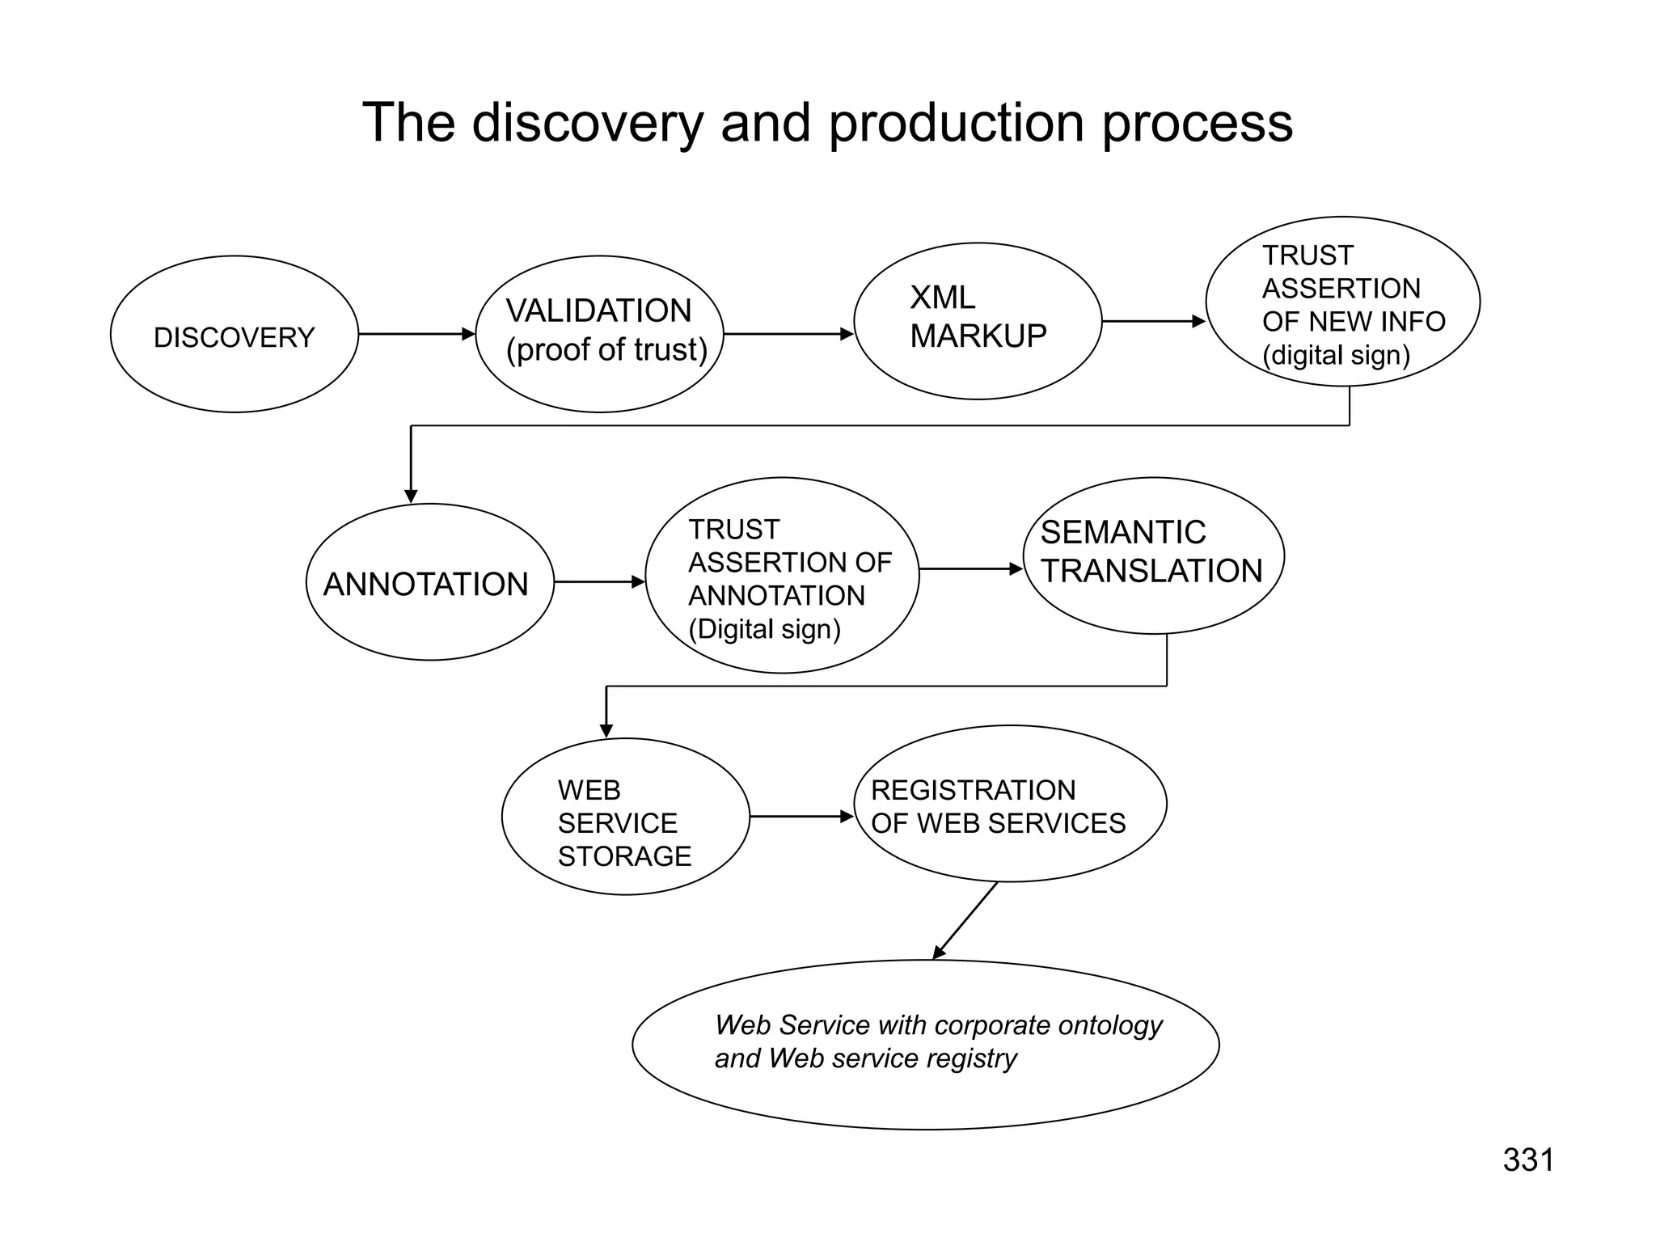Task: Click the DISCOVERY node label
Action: pos(234,337)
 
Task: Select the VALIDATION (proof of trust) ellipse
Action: pos(600,333)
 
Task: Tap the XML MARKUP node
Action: pos(978,321)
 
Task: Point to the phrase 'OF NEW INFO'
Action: pos(1353,322)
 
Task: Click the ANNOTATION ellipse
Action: pos(429,583)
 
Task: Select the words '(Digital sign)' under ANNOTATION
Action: pos(764,629)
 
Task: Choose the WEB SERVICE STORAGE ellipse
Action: pos(625,817)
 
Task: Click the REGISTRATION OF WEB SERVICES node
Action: pos(1010,805)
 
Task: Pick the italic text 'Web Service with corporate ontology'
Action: pos(938,1025)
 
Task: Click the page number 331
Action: pos(1528,1160)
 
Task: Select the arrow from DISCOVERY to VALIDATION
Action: pos(416,334)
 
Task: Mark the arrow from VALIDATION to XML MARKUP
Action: pos(788,334)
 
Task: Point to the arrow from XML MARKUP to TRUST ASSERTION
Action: pos(1153,322)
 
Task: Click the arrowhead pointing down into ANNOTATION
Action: pos(411,496)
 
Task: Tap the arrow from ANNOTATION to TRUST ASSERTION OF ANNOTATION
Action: pos(598,581)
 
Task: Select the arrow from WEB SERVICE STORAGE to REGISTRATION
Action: pos(801,817)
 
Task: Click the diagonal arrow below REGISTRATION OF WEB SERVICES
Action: pos(966,920)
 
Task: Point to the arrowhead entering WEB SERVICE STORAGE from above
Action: pos(606,730)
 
